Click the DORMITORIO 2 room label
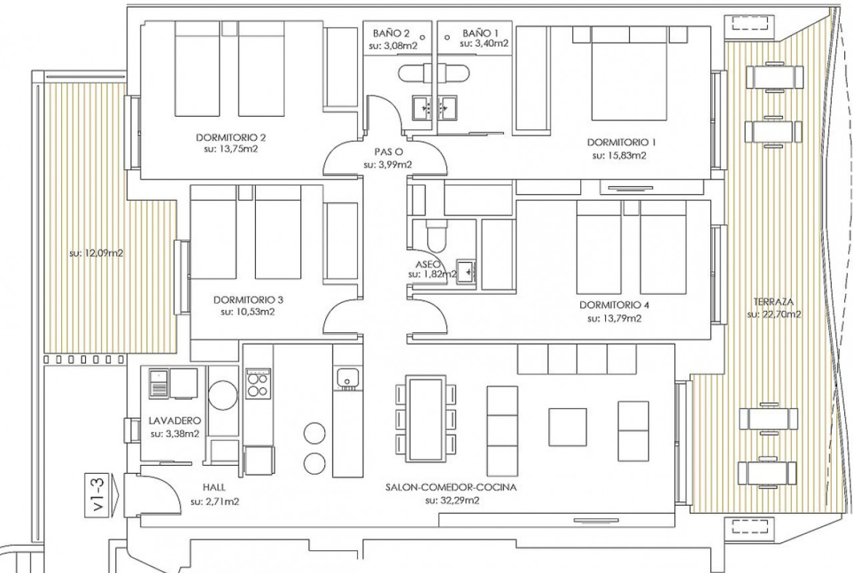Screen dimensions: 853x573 pos(230,138)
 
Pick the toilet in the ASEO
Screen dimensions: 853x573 pos(436,236)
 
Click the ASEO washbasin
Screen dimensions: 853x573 pos(466,270)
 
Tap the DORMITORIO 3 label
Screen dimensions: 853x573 pos(248,299)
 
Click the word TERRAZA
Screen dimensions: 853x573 pos(773,301)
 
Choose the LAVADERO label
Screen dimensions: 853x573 pos(175,421)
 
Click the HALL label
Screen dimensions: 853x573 pos(214,488)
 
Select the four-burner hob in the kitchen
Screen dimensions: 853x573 pos(258,383)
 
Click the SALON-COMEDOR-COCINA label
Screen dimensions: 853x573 pos(451,488)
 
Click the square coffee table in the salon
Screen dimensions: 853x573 pos(567,428)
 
